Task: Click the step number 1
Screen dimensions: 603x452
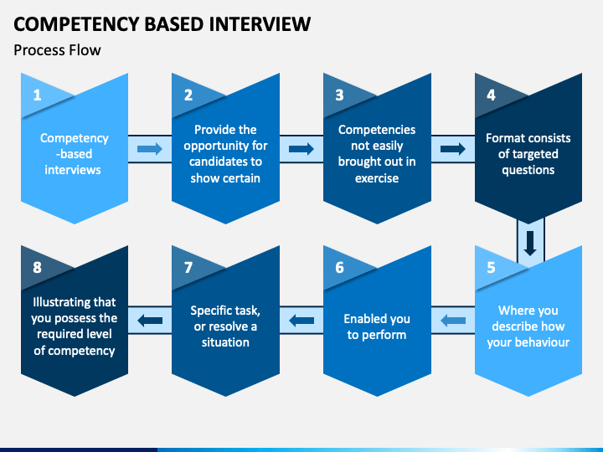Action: click(37, 95)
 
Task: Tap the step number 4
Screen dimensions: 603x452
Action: click(491, 95)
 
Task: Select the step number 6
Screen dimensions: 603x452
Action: click(339, 268)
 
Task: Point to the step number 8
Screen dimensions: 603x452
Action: click(37, 268)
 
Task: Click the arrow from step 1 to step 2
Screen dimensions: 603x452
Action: click(150, 149)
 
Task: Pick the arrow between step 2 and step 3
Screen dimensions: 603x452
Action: click(301, 149)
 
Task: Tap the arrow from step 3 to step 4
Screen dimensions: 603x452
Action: click(452, 149)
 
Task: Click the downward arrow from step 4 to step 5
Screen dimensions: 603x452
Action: click(530, 244)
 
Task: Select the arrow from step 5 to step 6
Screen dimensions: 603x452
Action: click(453, 321)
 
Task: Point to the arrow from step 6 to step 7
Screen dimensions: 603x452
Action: click(301, 321)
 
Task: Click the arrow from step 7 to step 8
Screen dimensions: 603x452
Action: click(150, 321)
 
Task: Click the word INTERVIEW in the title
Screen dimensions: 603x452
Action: click(260, 24)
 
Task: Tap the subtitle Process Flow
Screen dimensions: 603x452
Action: click(57, 50)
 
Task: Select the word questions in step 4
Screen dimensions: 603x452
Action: click(528, 170)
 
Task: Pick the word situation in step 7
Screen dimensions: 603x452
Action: click(225, 342)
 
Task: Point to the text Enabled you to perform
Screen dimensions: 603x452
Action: click(377, 326)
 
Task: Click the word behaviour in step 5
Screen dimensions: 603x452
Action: click(547, 342)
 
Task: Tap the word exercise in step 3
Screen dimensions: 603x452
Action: click(377, 178)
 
